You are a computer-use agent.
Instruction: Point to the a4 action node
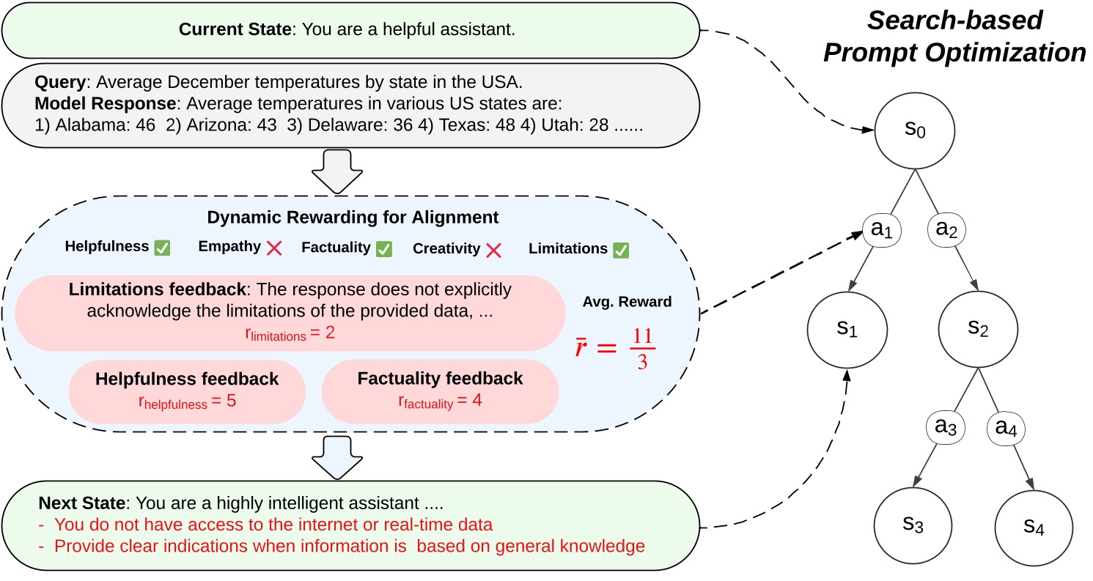tap(1011, 426)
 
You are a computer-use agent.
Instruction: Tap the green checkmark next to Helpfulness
tap(162, 248)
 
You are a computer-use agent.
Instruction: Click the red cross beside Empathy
tap(274, 248)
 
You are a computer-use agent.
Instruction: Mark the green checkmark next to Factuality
tap(383, 248)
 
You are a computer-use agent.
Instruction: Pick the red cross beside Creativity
tap(493, 250)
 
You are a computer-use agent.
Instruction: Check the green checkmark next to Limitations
tap(621, 250)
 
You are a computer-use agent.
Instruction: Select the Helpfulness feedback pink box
tap(187, 391)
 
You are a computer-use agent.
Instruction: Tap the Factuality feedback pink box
tap(440, 391)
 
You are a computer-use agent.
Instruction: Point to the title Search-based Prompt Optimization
tap(954, 37)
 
